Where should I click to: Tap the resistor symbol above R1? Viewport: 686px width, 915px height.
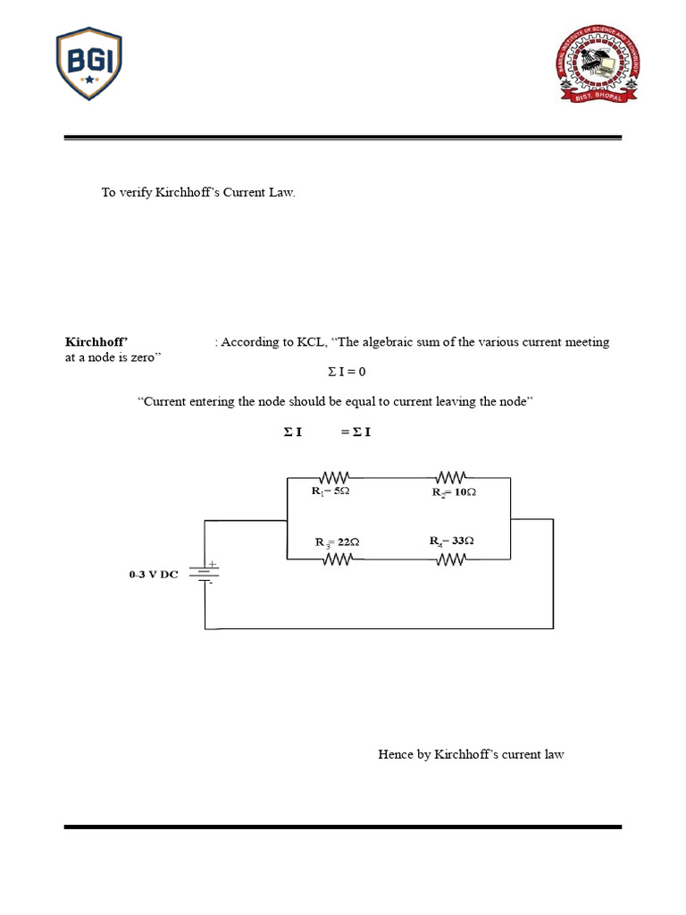click(x=336, y=478)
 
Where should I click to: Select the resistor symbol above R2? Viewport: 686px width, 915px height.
click(x=452, y=478)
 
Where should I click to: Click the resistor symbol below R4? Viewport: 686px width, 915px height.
click(x=452, y=558)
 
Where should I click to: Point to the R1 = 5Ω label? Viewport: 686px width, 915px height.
click(x=330, y=491)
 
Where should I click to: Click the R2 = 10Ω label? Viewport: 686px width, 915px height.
click(x=454, y=492)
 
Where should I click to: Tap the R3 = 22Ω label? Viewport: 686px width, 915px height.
click(x=337, y=542)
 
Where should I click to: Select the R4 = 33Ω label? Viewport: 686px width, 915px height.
click(x=451, y=541)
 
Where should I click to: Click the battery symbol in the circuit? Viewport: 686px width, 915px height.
click(x=207, y=573)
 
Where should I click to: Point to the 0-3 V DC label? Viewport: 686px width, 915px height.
click(x=154, y=575)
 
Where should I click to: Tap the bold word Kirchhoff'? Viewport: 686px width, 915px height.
click(x=97, y=342)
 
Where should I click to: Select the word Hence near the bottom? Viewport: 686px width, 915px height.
click(x=396, y=755)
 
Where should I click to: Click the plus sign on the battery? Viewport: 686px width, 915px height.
click(x=213, y=564)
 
